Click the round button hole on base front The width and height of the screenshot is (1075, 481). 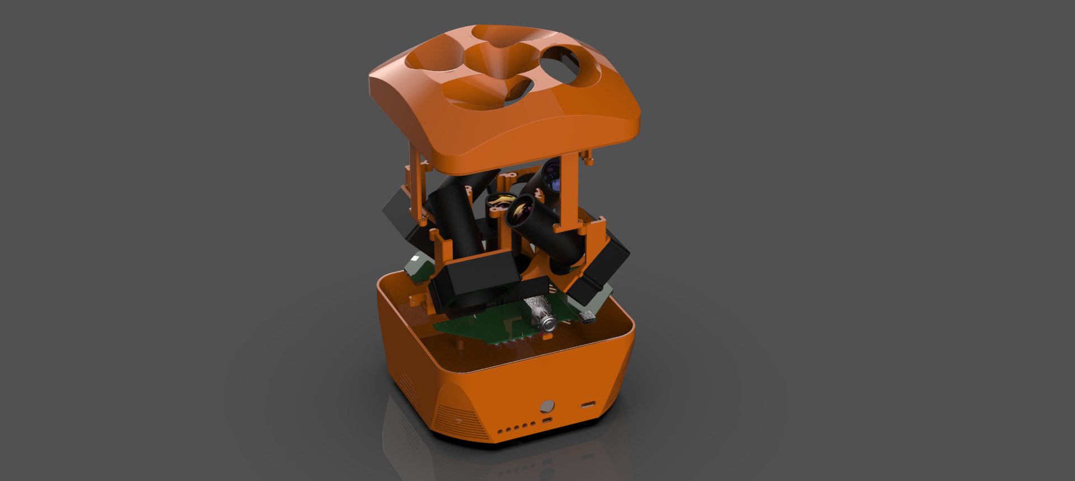tap(547, 406)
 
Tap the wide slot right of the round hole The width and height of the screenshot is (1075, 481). tap(588, 404)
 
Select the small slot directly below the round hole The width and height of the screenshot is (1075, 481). tap(547, 420)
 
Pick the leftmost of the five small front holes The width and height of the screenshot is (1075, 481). tap(500, 431)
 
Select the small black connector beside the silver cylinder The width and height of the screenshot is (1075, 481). tap(587, 318)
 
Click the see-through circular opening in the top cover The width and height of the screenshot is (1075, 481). tap(565, 64)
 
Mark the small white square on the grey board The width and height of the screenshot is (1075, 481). tap(415, 260)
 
